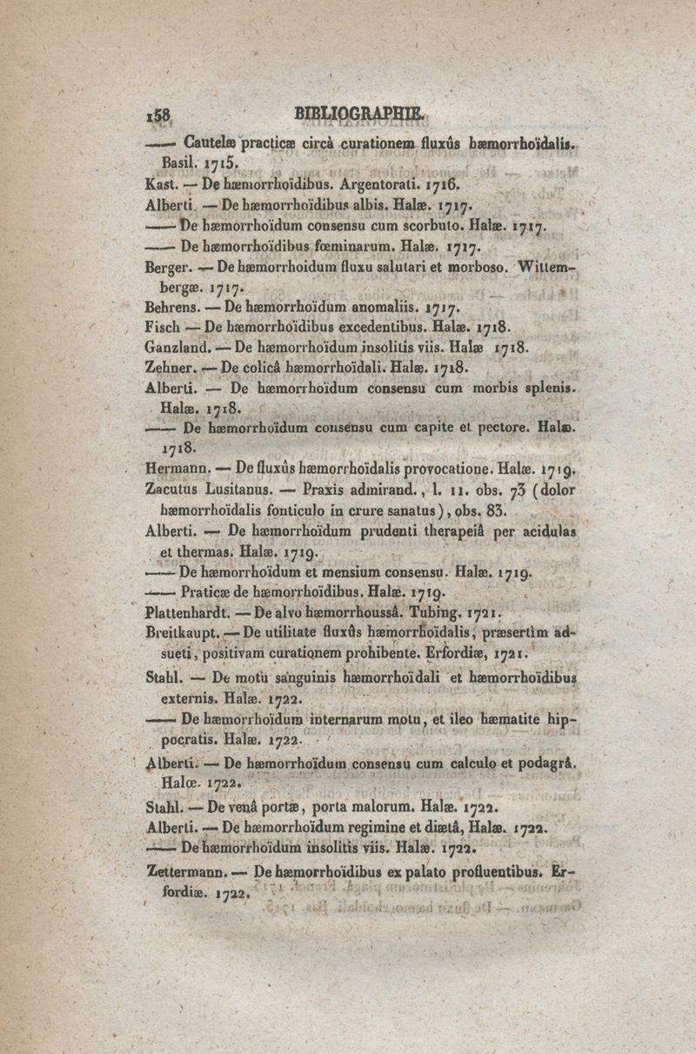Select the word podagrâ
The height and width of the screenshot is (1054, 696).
(547, 764)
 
